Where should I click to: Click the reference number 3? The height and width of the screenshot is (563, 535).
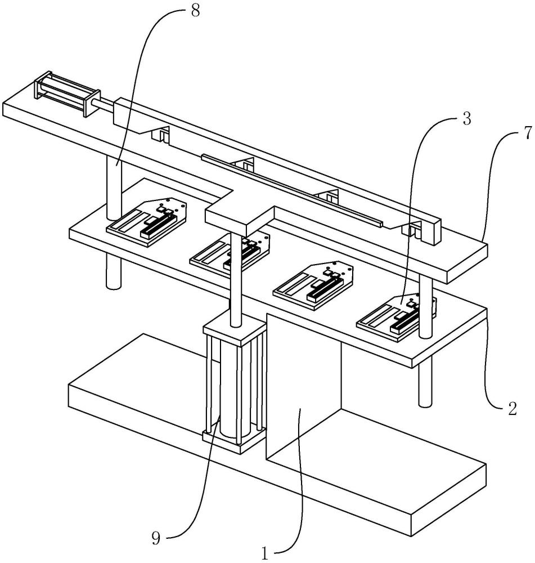point(466,119)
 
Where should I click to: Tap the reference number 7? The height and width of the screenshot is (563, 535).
point(527,133)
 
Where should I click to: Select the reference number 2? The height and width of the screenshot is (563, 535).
point(512,408)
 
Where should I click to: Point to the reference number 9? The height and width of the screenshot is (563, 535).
point(155,538)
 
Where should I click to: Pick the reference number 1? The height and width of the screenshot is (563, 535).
point(265,554)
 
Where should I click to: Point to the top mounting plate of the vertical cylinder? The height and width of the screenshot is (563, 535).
point(235,329)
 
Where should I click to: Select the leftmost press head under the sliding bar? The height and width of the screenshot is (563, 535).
point(161,134)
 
